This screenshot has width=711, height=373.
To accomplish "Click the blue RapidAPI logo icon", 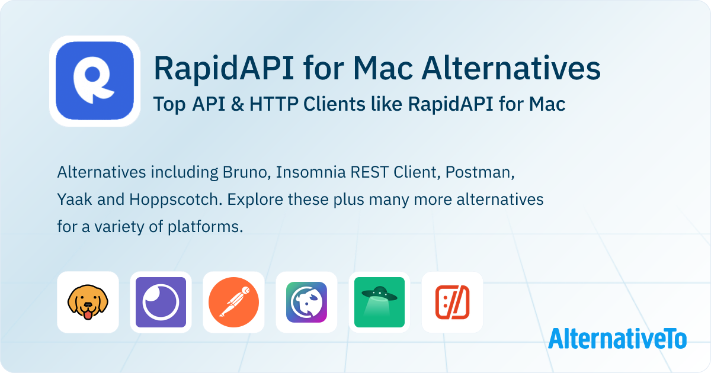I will point(95,81).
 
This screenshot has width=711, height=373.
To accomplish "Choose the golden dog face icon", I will point(88,302).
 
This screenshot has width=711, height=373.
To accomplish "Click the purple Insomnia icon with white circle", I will point(161,302).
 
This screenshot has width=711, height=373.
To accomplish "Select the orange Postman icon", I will point(233,302).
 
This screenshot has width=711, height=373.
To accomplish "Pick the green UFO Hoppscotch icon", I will point(379,302).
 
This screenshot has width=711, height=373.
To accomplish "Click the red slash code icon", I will point(452,302).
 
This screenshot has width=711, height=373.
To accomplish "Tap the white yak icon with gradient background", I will point(306,302).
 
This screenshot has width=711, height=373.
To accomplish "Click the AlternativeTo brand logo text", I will point(617,339).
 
